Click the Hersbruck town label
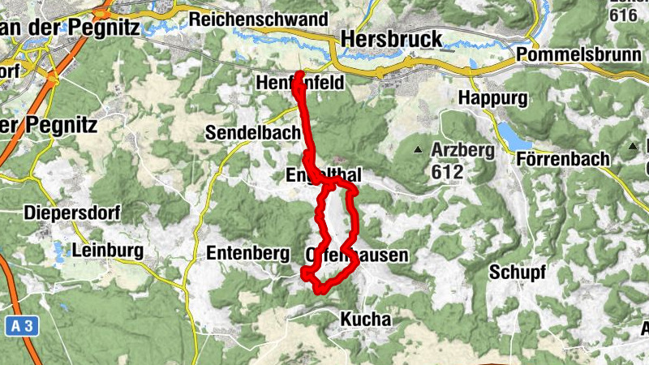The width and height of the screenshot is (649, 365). [392, 38]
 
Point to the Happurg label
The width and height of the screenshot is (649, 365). [492, 98]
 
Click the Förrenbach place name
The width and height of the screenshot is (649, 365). [562, 159]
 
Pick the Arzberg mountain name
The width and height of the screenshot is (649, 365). [462, 150]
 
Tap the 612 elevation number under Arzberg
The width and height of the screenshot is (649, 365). [447, 172]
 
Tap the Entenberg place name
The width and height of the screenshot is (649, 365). [248, 254]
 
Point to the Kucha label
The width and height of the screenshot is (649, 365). [365, 320]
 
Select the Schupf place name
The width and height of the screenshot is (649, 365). [517, 272]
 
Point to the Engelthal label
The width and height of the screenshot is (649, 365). [323, 176]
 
